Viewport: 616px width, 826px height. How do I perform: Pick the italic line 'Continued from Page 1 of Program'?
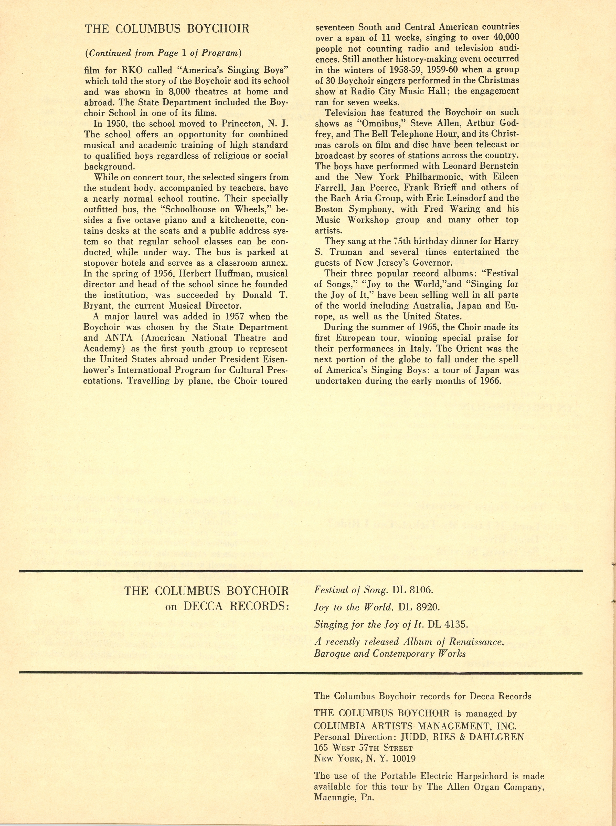[x=164, y=53]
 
